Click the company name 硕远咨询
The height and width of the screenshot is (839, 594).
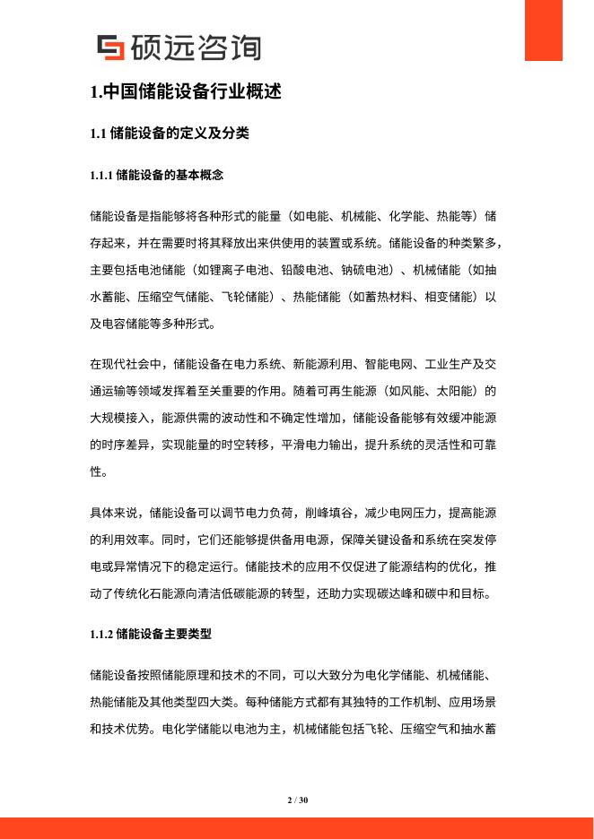[x=196, y=48]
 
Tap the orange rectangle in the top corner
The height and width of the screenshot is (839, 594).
[x=549, y=30]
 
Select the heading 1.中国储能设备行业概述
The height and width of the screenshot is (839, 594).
[x=186, y=91]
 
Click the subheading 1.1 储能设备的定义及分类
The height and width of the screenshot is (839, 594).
[x=170, y=134]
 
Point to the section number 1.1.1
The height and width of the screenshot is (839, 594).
[x=101, y=175]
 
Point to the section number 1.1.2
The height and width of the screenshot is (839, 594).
[x=101, y=634]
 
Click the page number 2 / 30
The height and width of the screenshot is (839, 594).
[x=297, y=800]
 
